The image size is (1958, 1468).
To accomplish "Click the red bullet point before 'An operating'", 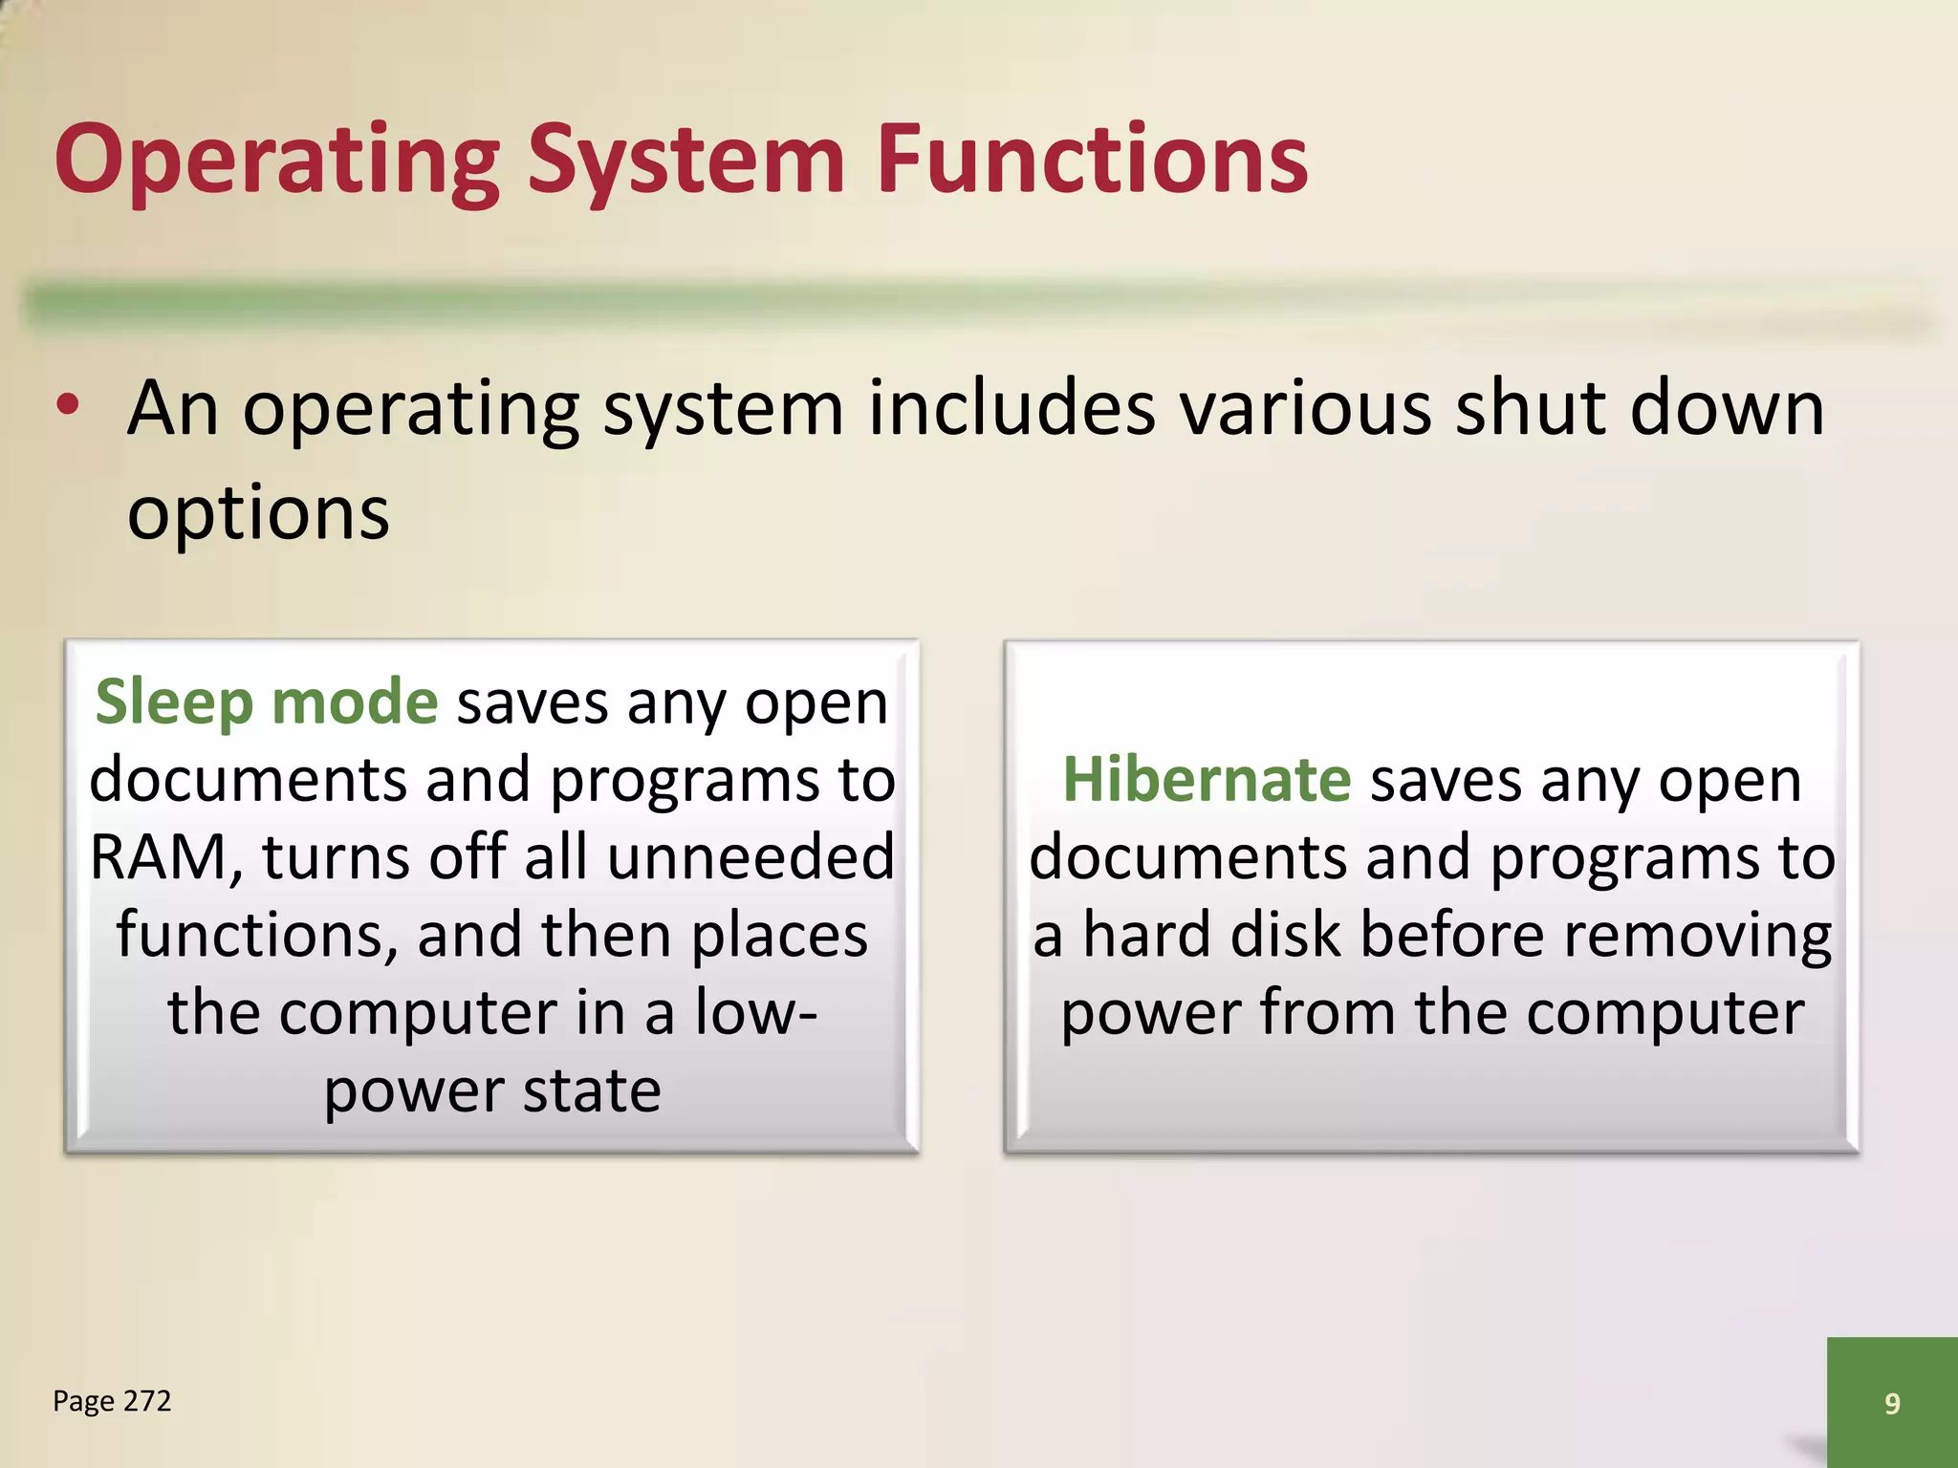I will pyautogui.click(x=68, y=406).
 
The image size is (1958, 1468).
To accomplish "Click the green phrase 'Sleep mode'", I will pyautogui.click(x=267, y=702).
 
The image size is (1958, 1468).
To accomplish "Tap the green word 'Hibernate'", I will pyautogui.click(x=1207, y=780).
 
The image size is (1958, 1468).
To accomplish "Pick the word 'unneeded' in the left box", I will pyautogui.click(x=751, y=857).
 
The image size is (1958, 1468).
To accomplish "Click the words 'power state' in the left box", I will pyautogui.click(x=492, y=1090).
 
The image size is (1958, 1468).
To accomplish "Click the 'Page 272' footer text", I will pyautogui.click(x=112, y=1401).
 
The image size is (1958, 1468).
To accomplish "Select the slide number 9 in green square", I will pyautogui.click(x=1891, y=1403).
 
